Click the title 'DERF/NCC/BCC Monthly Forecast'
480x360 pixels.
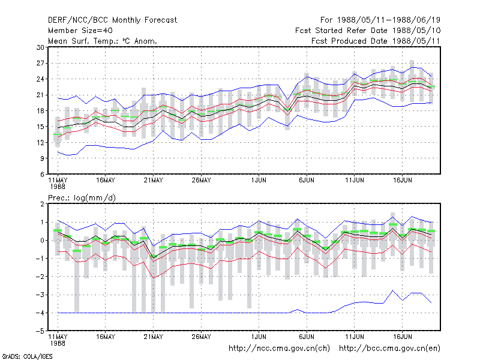coord(112,20)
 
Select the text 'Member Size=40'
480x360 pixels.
coord(80,31)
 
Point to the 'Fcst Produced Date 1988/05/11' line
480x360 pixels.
coord(376,41)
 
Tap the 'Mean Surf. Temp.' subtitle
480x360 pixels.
coord(103,41)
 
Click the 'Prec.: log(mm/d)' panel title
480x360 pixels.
coord(82,198)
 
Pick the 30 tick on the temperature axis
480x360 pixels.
coord(40,47)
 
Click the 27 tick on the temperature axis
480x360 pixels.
coord(40,64)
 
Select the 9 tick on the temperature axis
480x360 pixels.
coord(42,158)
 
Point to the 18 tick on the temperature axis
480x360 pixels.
coord(40,111)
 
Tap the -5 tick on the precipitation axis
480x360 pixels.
coord(40,331)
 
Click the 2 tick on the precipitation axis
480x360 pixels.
coord(42,204)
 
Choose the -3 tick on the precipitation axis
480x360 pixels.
coord(40,295)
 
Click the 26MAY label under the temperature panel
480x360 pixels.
coord(202,181)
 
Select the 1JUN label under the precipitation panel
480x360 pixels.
coord(259,337)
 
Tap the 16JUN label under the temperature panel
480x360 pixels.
coord(403,181)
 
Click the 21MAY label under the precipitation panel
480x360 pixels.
coord(154,337)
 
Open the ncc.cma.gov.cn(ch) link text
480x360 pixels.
coord(279,349)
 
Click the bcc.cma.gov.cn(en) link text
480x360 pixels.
coord(389,349)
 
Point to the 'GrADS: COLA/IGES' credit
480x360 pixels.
coord(27,356)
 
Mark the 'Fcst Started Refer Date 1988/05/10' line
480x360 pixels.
coord(368,31)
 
